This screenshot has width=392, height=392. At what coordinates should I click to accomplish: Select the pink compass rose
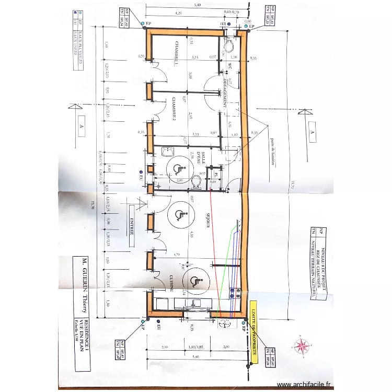(302, 345)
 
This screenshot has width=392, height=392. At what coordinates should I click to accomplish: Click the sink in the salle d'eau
(169, 152)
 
